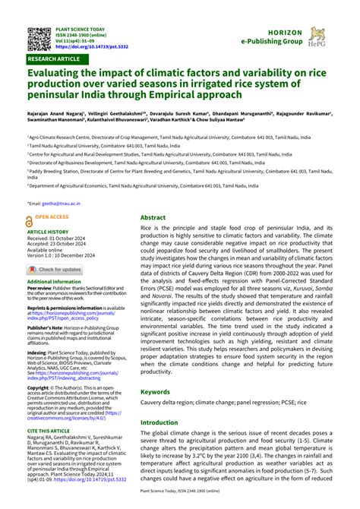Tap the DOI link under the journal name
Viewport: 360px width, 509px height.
click(91, 47)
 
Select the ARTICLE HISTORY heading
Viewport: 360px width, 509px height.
click(48, 232)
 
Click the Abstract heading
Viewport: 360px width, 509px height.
click(153, 217)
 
